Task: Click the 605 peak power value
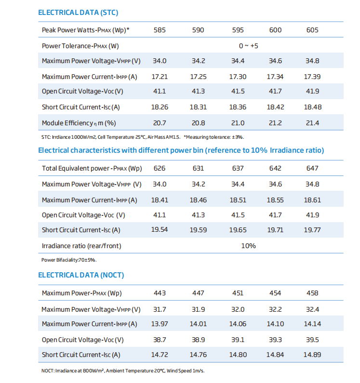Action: [x=312, y=30]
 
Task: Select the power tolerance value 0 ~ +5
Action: [x=248, y=46]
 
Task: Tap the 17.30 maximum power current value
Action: [x=238, y=77]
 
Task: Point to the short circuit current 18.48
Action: [x=313, y=107]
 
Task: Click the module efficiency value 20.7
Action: [x=160, y=123]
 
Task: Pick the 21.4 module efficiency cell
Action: [x=312, y=123]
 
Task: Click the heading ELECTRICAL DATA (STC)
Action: [x=78, y=13]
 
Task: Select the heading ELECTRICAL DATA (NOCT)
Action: [x=81, y=275]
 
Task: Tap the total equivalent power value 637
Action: [x=238, y=168]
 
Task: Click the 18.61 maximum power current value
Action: [x=312, y=200]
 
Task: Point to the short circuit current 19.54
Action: [x=160, y=230]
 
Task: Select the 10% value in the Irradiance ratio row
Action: [x=248, y=246]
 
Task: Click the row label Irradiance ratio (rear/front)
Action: [x=81, y=246]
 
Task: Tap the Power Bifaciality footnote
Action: [x=69, y=260]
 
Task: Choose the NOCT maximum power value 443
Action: [x=160, y=293]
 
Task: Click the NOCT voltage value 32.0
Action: [x=238, y=309]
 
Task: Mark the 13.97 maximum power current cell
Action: [x=160, y=324]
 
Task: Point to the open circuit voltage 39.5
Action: [x=312, y=340]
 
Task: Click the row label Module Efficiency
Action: [x=79, y=123]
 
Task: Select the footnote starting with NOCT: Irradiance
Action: [x=123, y=371]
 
